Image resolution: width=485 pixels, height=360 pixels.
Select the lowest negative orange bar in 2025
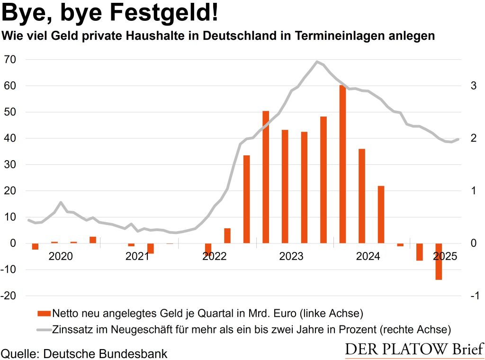pyautogui.click(x=439, y=261)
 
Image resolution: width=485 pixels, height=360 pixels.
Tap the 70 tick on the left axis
pyautogui.click(x=10, y=60)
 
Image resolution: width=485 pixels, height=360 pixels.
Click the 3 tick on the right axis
pyautogui.click(x=472, y=86)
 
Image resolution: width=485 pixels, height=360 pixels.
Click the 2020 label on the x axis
pyautogui.click(x=61, y=256)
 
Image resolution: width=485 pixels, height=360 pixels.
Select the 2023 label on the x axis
pyautogui.click(x=291, y=256)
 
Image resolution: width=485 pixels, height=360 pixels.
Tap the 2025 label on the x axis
pyautogui.click(x=445, y=256)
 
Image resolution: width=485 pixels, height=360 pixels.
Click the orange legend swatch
pyautogui.click(x=43, y=313)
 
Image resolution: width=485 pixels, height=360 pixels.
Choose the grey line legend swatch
pyautogui.click(x=43, y=328)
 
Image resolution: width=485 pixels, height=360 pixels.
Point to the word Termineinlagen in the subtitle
pyautogui.click(x=346, y=36)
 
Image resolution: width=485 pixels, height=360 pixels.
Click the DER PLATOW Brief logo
pyautogui.click(x=414, y=350)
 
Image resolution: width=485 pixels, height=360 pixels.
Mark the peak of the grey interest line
pyautogui.click(x=317, y=62)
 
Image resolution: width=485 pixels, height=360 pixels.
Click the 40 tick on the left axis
pyautogui.click(x=10, y=138)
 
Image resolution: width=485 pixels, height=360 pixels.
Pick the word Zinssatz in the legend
pyautogui.click(x=73, y=328)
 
